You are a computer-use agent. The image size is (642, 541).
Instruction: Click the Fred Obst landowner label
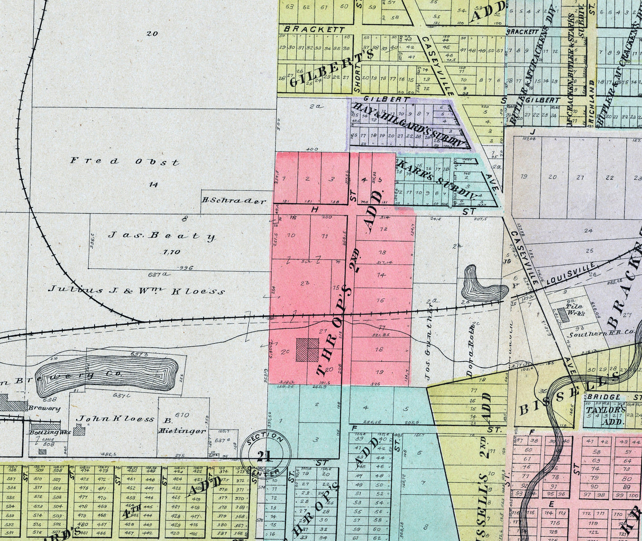[x=125, y=161]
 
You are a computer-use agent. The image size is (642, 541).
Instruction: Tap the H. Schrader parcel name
[x=234, y=201]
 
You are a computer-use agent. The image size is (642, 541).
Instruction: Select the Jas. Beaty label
[x=162, y=235]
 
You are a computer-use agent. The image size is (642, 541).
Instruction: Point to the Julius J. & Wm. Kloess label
[x=136, y=290]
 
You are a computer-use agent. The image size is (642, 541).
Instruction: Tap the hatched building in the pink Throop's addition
[x=307, y=350]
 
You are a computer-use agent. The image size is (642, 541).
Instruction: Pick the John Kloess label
[x=115, y=419]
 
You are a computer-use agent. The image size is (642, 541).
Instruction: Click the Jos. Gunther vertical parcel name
[x=430, y=344]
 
